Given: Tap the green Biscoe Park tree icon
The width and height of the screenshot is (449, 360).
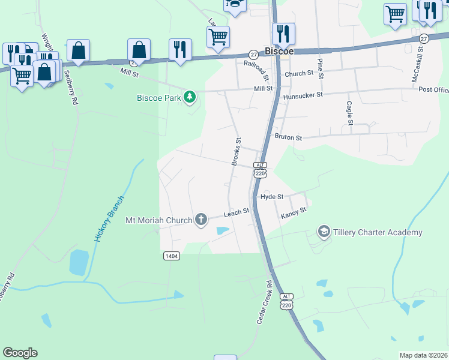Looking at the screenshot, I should (190, 97).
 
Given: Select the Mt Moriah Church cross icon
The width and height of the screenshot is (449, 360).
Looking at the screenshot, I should (201, 220).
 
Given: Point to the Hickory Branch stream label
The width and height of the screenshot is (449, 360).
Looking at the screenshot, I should (109, 219).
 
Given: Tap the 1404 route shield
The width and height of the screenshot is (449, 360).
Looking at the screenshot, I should (172, 256).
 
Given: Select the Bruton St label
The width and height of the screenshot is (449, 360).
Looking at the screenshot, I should (288, 137).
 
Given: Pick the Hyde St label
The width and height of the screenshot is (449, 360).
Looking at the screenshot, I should (271, 197).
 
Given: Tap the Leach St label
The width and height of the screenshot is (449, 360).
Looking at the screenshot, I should (237, 213).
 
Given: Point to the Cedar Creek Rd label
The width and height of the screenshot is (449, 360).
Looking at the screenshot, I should (265, 303).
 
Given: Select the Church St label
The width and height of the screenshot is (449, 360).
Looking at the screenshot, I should (300, 74).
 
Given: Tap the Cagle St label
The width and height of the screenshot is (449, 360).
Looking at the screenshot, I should (349, 113).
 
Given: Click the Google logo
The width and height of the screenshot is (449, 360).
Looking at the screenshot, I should (20, 353).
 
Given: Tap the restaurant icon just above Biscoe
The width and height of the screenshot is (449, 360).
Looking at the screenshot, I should (283, 34).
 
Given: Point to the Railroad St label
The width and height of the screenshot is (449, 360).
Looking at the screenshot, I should (256, 70).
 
